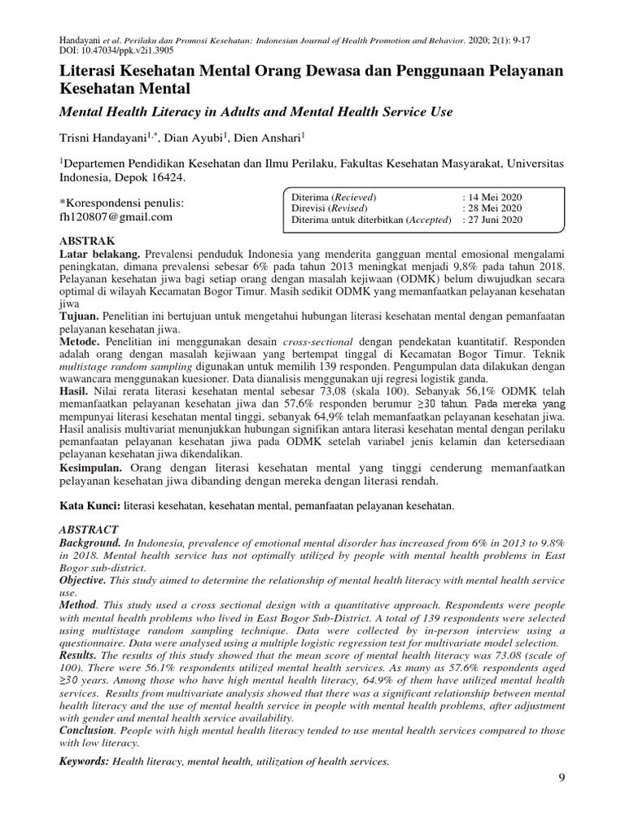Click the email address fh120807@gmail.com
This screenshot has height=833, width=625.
click(117, 216)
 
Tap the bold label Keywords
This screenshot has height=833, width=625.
click(85, 761)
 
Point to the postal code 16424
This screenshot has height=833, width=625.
click(164, 177)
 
